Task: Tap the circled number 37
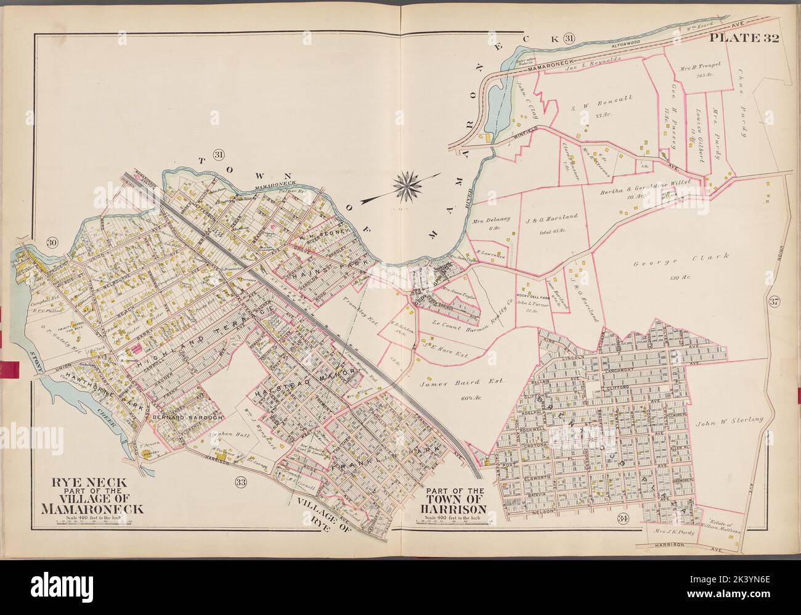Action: coord(774,301)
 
